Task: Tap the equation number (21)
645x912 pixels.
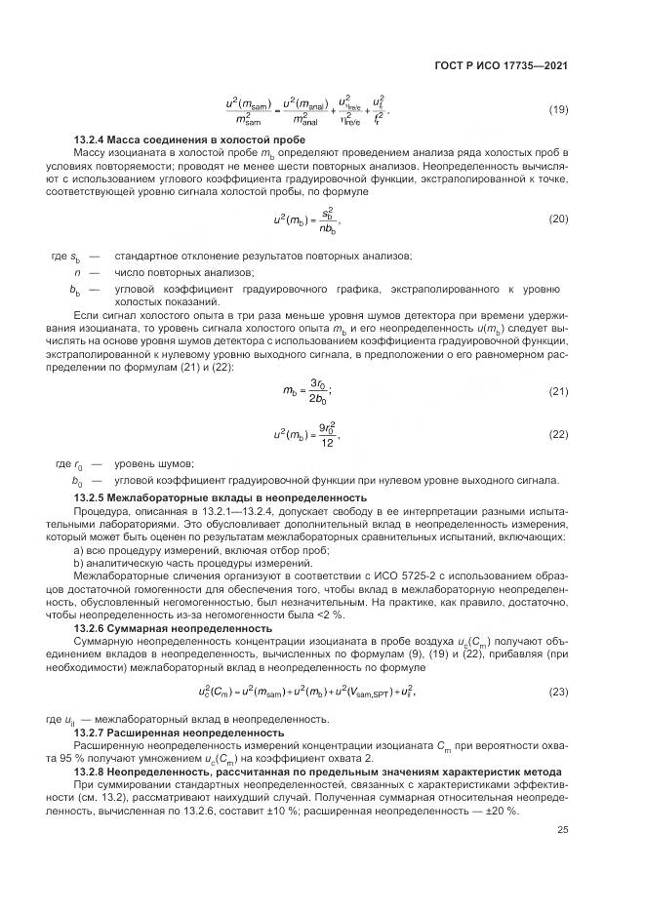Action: [558, 391]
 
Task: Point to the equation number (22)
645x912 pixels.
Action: [558, 434]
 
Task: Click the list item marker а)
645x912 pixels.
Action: [79, 549]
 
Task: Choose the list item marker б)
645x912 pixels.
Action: [79, 562]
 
